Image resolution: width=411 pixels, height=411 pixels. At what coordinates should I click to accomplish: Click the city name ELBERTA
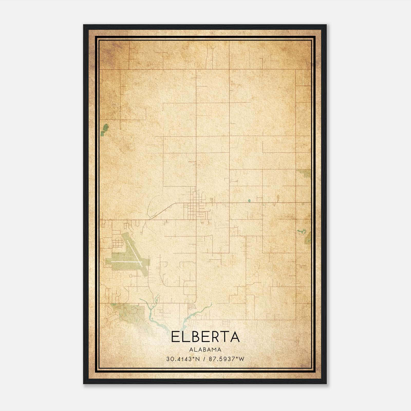coord(205,337)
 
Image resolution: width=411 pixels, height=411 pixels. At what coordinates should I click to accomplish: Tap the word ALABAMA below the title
coord(205,350)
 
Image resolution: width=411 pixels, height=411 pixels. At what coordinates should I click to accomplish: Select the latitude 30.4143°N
coord(183,359)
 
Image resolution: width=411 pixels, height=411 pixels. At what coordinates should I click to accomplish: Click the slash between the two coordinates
coord(204,359)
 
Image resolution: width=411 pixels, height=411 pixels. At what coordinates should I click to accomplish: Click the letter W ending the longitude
coord(241,359)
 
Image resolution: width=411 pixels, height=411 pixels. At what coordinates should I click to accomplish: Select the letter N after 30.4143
coord(197,359)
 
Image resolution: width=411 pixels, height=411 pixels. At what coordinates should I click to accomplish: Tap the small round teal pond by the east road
coord(249,201)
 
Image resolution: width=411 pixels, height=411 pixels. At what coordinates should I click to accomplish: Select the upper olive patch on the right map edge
coord(305,173)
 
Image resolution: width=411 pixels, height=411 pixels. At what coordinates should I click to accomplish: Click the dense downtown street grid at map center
coord(194,208)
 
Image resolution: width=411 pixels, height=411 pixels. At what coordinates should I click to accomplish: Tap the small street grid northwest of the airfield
coord(118,242)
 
